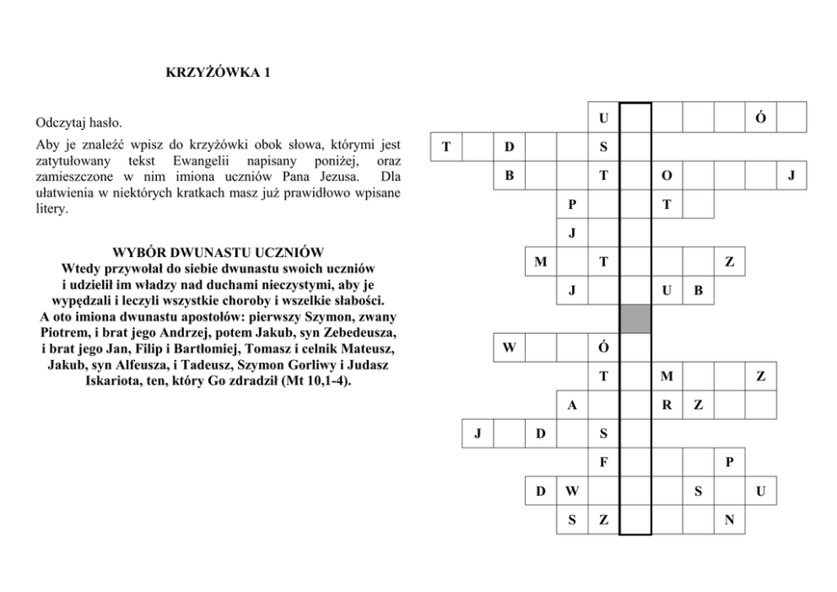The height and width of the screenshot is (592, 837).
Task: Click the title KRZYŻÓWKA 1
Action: (x=218, y=73)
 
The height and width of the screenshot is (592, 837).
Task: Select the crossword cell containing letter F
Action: (x=603, y=462)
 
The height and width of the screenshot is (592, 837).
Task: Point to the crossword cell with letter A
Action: (x=572, y=406)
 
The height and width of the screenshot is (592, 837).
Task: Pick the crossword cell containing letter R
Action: (x=667, y=406)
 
